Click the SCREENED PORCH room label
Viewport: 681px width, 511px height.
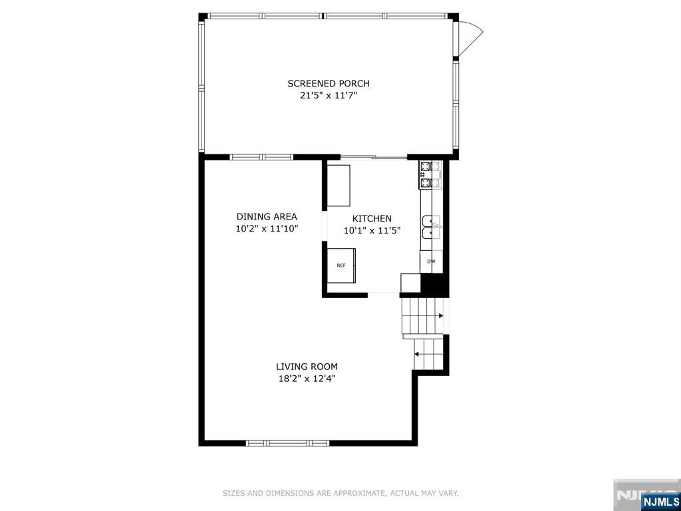(329, 83)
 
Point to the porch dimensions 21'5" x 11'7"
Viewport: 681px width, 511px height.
(329, 96)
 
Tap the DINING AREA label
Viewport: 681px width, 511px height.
(267, 216)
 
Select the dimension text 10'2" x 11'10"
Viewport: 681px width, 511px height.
(267, 229)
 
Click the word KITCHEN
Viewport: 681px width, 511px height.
(372, 218)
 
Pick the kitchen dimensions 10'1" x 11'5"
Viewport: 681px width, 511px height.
(372, 231)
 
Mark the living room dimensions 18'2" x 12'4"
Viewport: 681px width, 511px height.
(307, 379)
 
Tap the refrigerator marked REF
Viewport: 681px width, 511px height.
(341, 265)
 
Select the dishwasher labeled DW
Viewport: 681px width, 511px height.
(431, 261)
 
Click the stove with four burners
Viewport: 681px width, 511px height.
(430, 175)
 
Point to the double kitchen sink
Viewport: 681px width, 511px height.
(431, 228)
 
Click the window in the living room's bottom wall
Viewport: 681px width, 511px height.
(287, 443)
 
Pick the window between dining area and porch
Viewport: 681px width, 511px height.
(261, 157)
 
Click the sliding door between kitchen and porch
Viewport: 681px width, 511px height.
(374, 157)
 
